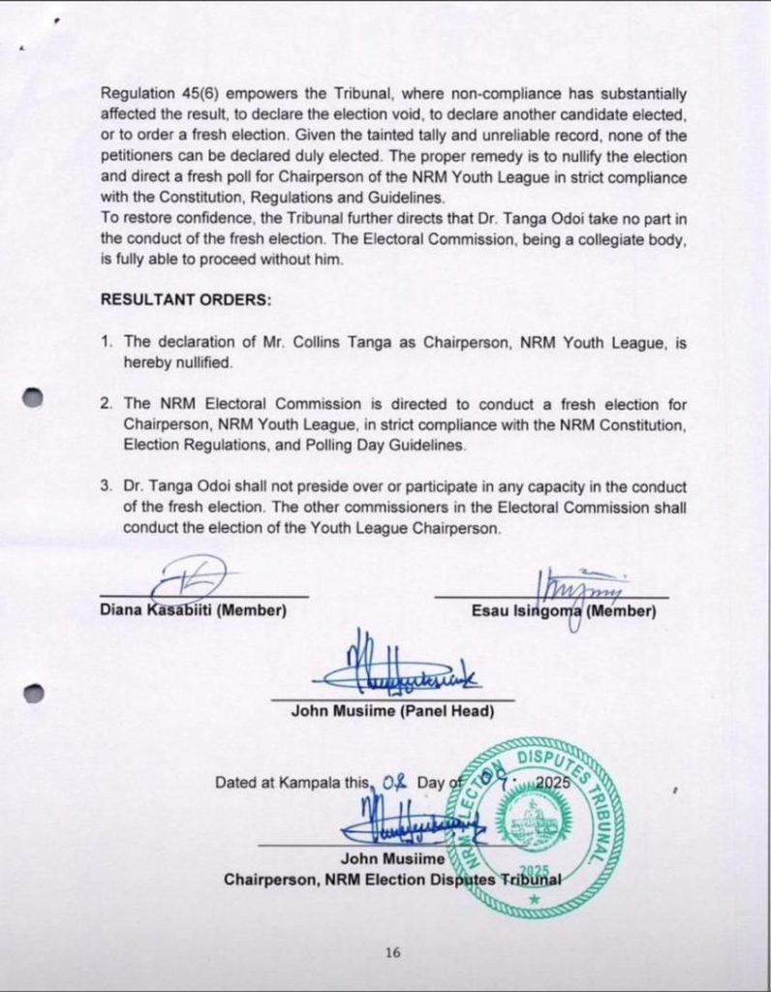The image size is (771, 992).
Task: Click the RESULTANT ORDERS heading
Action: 186,299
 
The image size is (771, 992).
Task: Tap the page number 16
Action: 392,952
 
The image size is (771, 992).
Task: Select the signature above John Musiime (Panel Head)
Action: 392,666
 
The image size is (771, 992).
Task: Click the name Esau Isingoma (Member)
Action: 564,611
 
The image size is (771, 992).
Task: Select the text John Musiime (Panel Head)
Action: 392,711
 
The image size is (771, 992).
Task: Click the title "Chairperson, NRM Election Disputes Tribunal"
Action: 392,880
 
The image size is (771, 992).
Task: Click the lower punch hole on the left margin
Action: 33,693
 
